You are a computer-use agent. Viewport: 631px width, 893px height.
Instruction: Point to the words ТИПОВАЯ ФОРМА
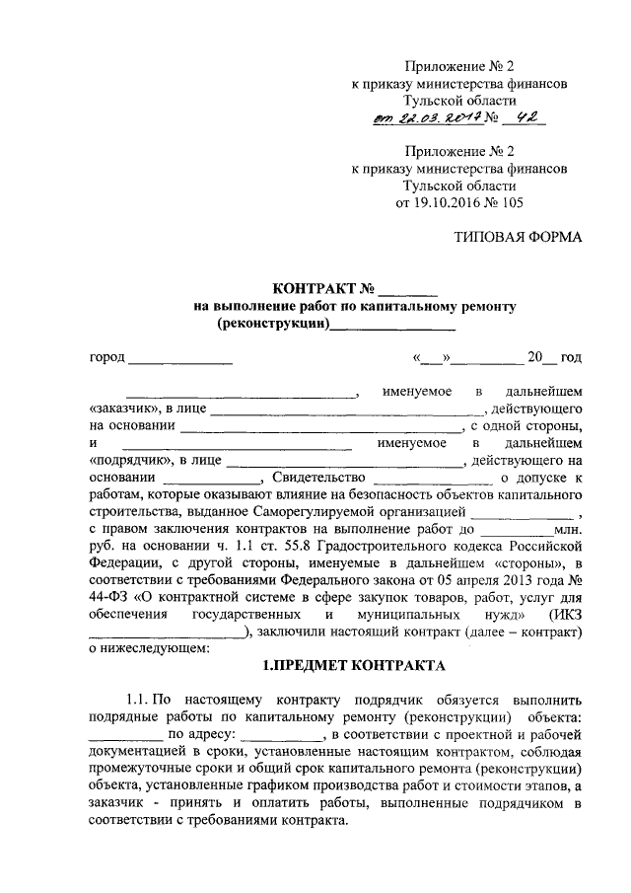[518, 237]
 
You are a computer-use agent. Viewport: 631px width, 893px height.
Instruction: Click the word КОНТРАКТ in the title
[315, 290]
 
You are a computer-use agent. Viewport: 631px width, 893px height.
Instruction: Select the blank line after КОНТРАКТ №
[408, 292]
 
